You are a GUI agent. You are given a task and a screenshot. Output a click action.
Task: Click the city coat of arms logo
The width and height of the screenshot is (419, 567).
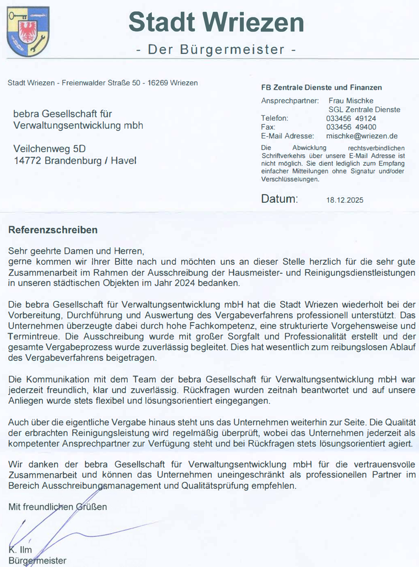(x=28, y=31)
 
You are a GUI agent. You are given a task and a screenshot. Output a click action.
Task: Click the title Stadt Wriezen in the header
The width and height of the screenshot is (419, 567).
(x=216, y=22)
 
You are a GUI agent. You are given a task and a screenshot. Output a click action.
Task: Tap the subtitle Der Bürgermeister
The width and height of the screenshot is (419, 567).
(x=216, y=49)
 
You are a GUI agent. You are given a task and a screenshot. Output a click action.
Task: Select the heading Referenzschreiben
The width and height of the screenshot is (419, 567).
(x=53, y=230)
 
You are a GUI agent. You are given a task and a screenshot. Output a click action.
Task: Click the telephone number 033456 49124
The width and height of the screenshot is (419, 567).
(x=351, y=118)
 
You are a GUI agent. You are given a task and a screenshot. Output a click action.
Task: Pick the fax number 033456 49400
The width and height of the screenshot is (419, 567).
(x=351, y=127)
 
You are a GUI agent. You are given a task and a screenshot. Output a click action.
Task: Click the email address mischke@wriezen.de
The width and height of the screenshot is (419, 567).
(x=362, y=136)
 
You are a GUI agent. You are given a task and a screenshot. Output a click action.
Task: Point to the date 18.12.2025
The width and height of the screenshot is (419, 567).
(x=345, y=200)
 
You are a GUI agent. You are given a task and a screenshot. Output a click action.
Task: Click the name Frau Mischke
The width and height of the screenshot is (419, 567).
(x=351, y=101)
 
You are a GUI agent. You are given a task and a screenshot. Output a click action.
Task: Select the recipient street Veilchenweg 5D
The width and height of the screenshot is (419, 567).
(x=49, y=149)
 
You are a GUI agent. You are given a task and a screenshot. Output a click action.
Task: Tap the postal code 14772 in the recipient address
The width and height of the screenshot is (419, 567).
(x=28, y=161)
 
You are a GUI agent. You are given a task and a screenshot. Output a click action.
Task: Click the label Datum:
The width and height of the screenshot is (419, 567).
(x=279, y=199)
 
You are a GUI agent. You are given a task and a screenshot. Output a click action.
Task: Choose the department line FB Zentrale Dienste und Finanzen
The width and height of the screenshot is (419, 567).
(x=321, y=88)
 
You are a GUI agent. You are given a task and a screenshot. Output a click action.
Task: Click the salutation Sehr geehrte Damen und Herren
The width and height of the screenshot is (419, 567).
(x=76, y=251)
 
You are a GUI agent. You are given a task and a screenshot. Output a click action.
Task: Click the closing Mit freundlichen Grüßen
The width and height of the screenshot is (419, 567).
(x=57, y=507)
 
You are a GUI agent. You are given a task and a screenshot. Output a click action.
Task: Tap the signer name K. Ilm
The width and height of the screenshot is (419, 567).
(x=20, y=550)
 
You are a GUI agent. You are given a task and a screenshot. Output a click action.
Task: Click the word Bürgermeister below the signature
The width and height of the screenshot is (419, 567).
(x=37, y=561)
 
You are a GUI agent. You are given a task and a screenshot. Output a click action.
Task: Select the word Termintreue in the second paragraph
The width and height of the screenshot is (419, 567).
(x=33, y=337)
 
